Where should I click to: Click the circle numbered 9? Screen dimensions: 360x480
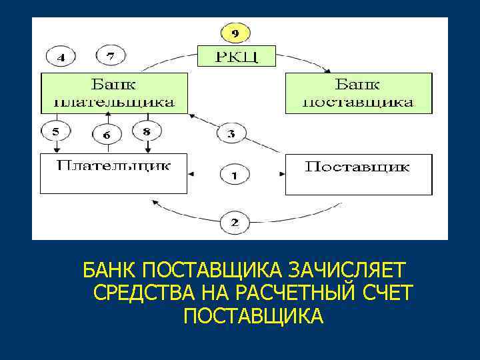point(236,32)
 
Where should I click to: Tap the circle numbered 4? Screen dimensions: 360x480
point(61,57)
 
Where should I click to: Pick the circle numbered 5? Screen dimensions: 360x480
point(57,131)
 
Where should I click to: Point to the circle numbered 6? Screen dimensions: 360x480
point(106,134)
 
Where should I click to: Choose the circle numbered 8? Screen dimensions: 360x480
point(147,131)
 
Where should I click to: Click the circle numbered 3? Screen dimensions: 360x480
point(231,134)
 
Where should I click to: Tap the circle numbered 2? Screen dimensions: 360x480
point(235,222)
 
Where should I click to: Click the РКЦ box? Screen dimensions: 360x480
point(237,55)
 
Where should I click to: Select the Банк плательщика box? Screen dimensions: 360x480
point(115,93)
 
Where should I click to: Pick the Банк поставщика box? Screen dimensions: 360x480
point(359,93)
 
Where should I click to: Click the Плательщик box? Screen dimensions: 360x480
point(114,173)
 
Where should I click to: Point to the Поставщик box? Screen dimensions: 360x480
point(359,174)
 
